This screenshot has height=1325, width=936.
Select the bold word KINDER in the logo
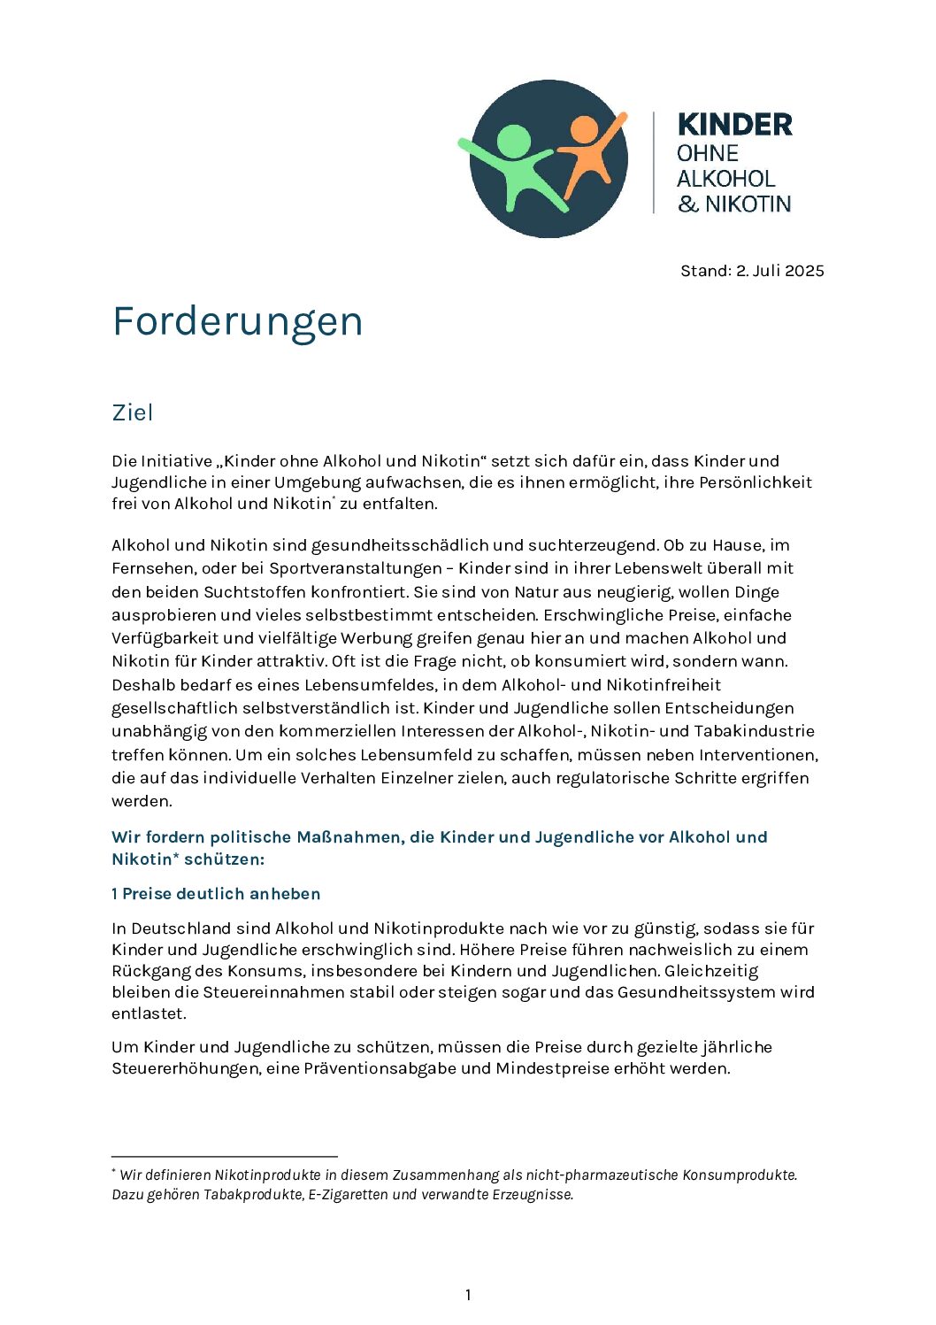734,125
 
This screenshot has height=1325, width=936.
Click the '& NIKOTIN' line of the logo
734,204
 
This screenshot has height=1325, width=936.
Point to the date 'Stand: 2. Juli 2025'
752,271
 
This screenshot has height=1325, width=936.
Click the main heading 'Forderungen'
237,321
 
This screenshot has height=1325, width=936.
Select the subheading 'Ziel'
133,412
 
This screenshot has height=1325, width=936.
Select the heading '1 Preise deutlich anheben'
216,894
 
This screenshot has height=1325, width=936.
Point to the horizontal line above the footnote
225,1156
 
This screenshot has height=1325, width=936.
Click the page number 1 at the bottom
468,1295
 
